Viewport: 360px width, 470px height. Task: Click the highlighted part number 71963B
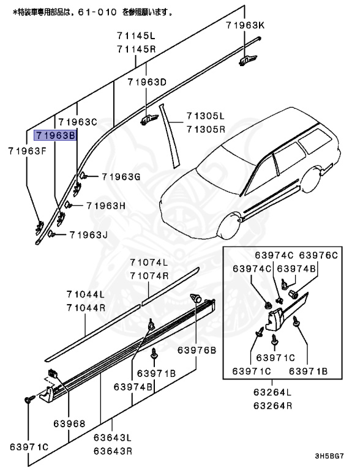(56, 136)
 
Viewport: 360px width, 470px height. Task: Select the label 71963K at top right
(245, 25)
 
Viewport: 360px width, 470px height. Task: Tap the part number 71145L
(136, 37)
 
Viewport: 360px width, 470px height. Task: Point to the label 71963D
(147, 82)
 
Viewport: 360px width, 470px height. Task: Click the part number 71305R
(206, 129)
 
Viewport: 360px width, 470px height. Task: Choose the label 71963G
(121, 177)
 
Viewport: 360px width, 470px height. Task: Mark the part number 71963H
(105, 206)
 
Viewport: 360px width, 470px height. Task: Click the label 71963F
(28, 150)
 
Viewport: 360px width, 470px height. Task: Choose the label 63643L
(113, 438)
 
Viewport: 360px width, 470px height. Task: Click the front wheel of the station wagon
(227, 226)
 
